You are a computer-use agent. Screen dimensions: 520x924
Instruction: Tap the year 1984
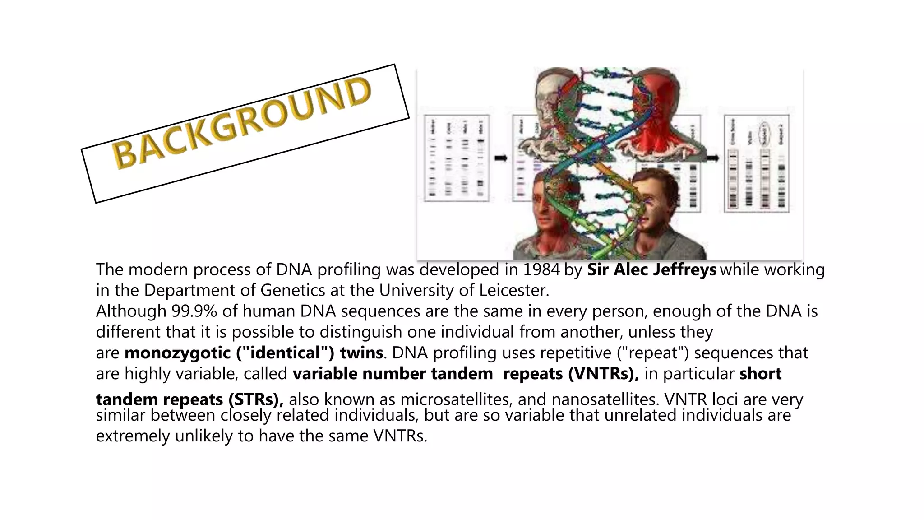tap(541, 269)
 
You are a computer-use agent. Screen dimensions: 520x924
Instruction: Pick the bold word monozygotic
tap(177, 353)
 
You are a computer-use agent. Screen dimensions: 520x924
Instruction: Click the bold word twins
tap(361, 353)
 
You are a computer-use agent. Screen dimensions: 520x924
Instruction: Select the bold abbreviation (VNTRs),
tap(603, 374)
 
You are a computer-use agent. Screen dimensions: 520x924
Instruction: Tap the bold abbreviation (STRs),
tap(256, 399)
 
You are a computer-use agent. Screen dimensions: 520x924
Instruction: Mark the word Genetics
tap(292, 290)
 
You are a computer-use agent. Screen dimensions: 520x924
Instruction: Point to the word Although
tap(131, 311)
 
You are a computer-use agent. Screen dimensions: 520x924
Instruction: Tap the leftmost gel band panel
tap(456, 158)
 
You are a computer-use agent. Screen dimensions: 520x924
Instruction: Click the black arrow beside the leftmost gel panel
tap(501, 158)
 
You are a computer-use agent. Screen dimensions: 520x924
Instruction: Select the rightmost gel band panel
tap(757, 163)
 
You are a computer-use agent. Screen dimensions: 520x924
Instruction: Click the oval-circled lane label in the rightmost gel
tap(764, 133)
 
